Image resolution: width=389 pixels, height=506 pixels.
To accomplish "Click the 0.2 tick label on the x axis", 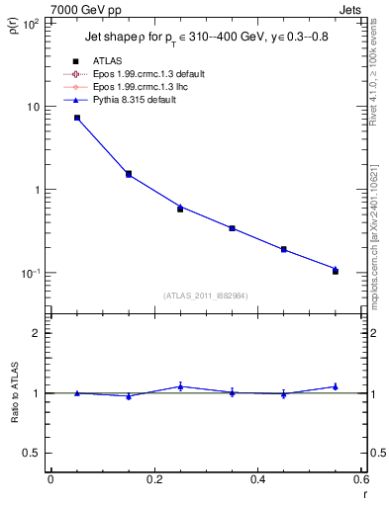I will [x=153, y=479].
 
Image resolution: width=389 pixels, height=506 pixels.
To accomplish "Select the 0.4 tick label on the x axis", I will [x=257, y=479].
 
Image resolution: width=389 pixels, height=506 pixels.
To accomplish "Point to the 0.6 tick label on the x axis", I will [x=360, y=479].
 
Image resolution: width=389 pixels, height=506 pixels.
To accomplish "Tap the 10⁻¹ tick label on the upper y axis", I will [x=30, y=273].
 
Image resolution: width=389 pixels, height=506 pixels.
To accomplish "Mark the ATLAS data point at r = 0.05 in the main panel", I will [x=76, y=118].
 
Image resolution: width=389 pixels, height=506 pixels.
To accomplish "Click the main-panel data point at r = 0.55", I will [x=336, y=270].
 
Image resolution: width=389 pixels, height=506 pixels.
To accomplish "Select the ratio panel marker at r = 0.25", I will [x=180, y=386].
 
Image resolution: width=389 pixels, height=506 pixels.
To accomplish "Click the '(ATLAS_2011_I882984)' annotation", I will [x=205, y=296].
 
